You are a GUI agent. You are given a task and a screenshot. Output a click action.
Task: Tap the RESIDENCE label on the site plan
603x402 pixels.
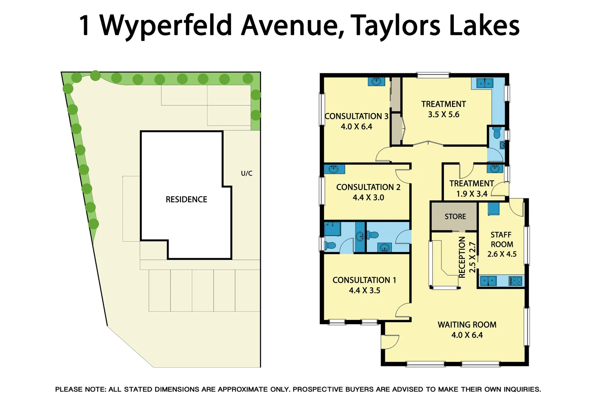(x=186, y=200)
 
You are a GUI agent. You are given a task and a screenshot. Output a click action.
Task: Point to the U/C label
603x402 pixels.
(x=246, y=173)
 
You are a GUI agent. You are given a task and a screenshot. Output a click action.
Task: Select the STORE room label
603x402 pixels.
(x=455, y=217)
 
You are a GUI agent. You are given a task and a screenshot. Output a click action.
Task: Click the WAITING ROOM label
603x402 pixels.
(x=467, y=325)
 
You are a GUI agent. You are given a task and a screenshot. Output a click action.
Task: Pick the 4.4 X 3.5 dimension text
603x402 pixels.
(x=364, y=290)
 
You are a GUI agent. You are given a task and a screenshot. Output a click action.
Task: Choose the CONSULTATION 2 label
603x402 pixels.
(x=368, y=187)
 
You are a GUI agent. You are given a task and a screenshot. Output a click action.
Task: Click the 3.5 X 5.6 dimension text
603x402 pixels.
(x=443, y=115)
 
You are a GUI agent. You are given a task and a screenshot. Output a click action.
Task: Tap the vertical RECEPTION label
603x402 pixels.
(x=462, y=257)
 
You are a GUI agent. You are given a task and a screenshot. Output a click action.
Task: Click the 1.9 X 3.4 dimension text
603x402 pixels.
(x=472, y=194)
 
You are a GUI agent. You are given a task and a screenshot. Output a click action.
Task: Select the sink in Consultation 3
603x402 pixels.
(x=376, y=82)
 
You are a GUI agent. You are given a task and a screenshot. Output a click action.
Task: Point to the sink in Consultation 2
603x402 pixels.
(x=334, y=169)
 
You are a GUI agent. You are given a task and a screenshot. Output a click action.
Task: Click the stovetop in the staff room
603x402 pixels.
(x=516, y=281)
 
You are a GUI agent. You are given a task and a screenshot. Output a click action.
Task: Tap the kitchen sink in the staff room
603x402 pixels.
(x=488, y=281)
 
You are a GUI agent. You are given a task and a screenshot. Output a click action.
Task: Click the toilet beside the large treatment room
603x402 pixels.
(x=497, y=132)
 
